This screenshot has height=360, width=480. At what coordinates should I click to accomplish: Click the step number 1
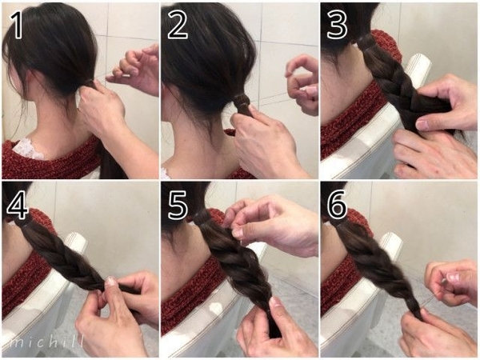17,26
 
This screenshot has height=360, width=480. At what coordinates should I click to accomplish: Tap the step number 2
178,25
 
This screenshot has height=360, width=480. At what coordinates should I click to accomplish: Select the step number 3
337,25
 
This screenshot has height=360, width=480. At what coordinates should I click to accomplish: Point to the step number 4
18,205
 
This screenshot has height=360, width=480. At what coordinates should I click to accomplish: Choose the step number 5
178,205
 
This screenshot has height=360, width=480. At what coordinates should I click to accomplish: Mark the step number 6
337,205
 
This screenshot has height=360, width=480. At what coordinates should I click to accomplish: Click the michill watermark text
46,342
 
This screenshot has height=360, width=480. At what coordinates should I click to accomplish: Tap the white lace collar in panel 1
27,150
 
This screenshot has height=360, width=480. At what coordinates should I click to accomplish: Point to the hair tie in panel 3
365,41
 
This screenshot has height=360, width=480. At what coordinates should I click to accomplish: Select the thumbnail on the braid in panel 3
422,125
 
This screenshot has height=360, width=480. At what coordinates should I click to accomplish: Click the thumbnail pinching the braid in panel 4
110,281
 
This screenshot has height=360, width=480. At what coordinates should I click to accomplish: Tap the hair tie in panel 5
202,218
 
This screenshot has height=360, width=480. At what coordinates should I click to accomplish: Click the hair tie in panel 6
339,222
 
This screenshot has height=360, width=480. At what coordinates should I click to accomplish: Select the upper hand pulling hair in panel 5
270,223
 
